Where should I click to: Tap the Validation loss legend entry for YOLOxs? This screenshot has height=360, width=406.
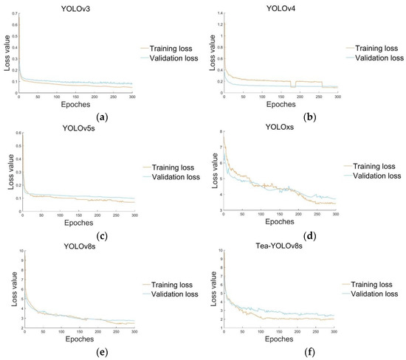coord(374,176)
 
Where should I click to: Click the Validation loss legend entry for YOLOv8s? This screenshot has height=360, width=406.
coord(174,295)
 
